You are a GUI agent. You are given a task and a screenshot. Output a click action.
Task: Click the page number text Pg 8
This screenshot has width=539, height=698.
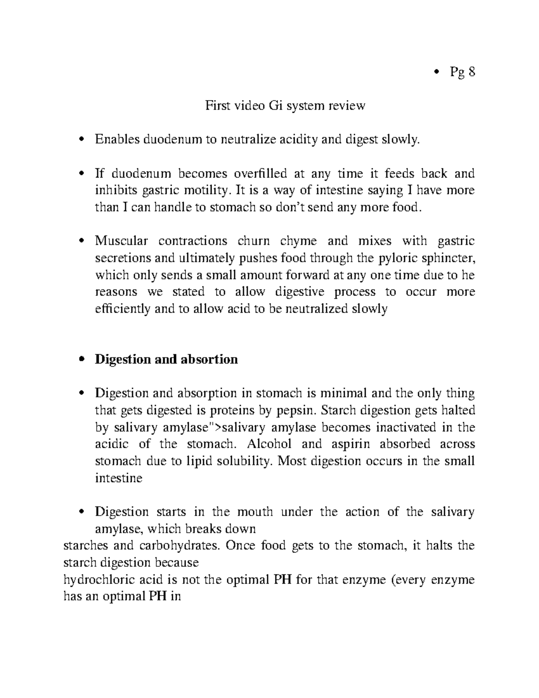462,72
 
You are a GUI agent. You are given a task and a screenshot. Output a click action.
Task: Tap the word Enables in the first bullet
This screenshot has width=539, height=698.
117,140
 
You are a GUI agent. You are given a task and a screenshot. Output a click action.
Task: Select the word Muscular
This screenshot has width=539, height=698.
121,241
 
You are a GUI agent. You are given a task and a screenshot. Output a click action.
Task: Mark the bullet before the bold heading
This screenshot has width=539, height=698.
81,360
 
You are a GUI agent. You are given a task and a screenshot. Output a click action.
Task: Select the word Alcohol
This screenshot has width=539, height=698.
269,444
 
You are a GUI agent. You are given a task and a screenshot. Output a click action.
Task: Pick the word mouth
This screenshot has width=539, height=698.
255,512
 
